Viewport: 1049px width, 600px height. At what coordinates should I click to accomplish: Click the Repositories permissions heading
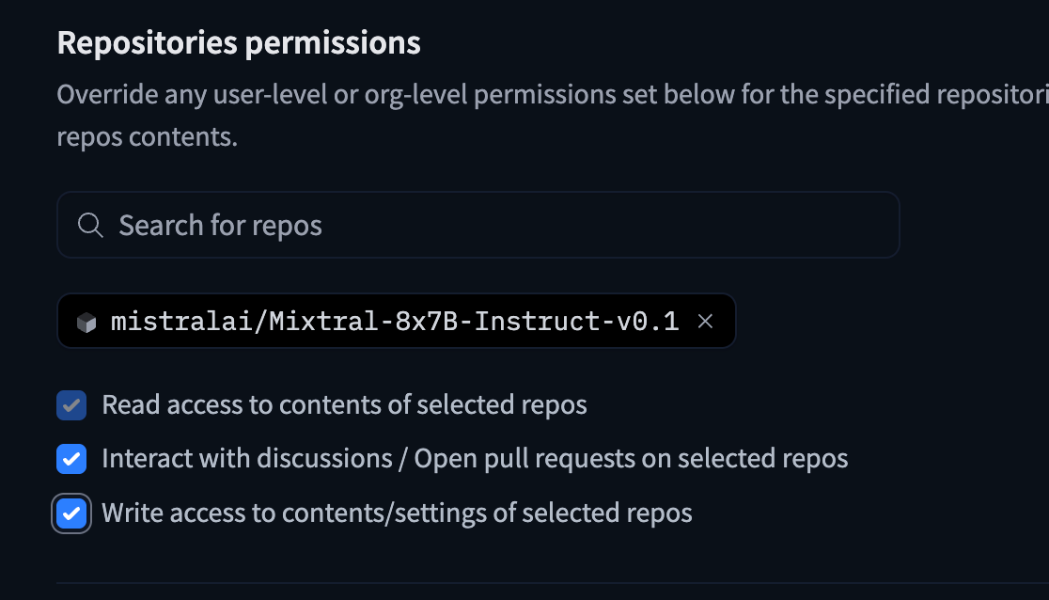(239, 43)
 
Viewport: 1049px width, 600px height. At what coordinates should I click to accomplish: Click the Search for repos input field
(478, 226)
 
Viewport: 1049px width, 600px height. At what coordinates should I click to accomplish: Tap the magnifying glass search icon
(90, 226)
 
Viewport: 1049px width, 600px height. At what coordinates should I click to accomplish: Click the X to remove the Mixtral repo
(705, 322)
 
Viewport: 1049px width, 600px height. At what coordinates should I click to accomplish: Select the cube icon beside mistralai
(86, 323)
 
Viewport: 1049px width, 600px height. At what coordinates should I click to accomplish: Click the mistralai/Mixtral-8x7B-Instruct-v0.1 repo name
(395, 322)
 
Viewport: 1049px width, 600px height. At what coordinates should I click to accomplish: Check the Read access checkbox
(71, 405)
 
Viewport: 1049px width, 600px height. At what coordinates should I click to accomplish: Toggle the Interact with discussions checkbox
(71, 459)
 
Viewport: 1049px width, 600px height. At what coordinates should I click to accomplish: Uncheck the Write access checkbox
(71, 513)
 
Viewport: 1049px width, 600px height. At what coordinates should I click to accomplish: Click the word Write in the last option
(130, 513)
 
